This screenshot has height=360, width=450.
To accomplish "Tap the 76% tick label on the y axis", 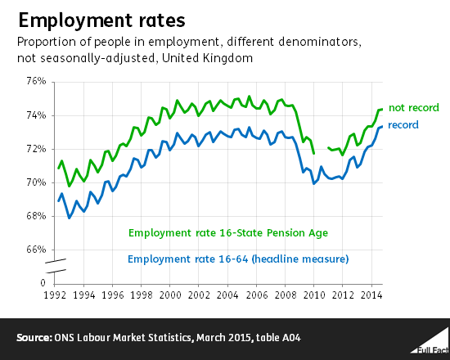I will click(36, 82).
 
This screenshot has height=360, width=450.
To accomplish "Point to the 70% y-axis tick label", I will click(36, 182).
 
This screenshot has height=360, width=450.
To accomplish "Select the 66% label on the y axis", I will click(36, 250).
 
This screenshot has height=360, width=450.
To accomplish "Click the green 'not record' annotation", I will click(413, 108).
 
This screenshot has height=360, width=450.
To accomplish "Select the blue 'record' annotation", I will click(403, 124).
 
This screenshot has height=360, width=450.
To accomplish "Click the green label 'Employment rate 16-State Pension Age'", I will click(227, 233).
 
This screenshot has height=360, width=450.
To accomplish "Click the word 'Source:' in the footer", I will click(36, 337).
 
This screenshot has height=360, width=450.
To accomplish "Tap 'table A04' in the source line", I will click(270, 337).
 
